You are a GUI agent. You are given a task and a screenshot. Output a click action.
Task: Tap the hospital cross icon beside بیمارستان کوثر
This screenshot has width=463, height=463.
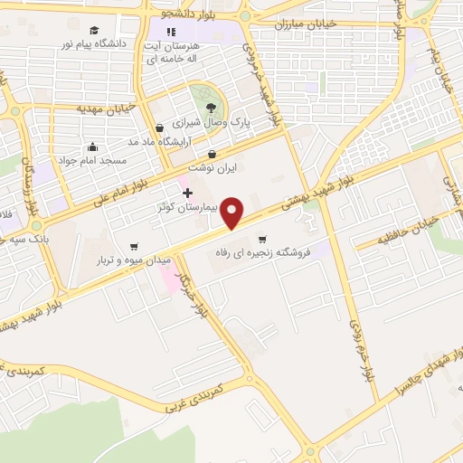(187, 193)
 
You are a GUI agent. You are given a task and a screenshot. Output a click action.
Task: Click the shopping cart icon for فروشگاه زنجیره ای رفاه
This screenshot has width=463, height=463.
(262, 240)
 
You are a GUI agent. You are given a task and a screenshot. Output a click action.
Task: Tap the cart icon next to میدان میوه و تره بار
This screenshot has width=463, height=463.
(134, 246)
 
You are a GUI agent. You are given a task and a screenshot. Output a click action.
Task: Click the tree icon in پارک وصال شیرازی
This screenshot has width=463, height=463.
(211, 108)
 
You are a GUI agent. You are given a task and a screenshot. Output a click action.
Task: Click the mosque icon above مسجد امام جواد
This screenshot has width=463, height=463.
(92, 146)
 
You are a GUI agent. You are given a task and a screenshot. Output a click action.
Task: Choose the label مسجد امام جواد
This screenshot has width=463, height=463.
(91, 160)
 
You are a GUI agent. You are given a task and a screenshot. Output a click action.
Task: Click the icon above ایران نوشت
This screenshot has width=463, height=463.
(212, 154)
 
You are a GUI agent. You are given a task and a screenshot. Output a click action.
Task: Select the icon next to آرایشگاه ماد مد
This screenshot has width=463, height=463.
(159, 128)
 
